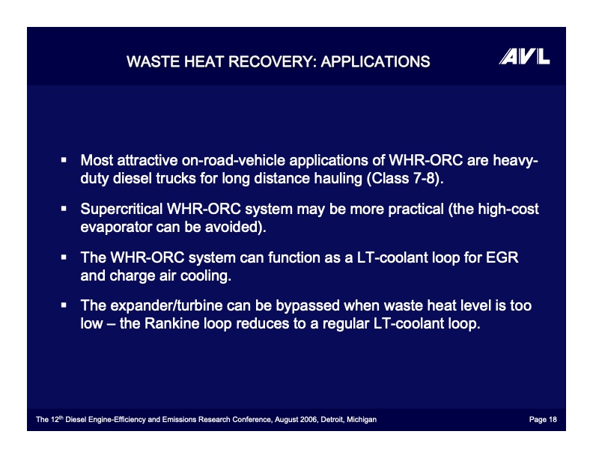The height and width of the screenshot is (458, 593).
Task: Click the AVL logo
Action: (524, 57)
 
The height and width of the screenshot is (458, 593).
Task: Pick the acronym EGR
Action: (502, 257)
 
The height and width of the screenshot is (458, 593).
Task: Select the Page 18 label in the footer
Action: (542, 420)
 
